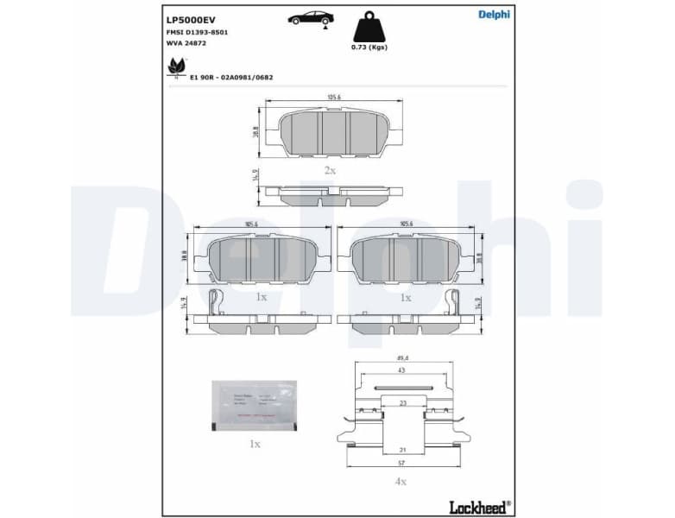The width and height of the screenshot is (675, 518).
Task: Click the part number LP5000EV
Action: [x=191, y=18]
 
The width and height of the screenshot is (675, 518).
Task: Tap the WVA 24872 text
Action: [x=186, y=42]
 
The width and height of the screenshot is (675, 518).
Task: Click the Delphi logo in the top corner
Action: [x=494, y=14]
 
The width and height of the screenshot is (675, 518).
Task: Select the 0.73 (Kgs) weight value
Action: [x=369, y=47]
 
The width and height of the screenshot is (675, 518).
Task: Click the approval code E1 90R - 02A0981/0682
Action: [x=231, y=77]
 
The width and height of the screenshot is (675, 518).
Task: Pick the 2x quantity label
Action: [x=330, y=170]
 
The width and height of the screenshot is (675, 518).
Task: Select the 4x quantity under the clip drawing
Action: [x=401, y=481]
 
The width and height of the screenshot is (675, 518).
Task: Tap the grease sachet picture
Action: [x=253, y=405]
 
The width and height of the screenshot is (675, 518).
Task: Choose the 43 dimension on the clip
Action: [x=401, y=370]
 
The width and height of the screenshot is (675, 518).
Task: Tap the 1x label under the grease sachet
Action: [x=254, y=444]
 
